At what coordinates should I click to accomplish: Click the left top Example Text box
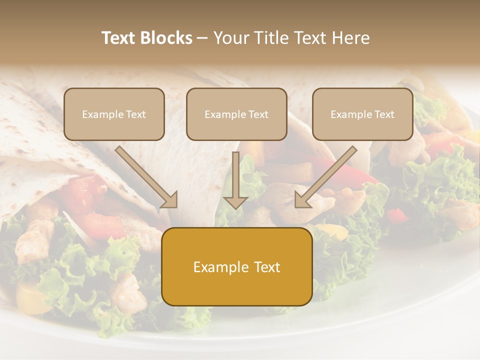[114, 114]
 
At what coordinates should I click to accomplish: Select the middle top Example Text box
[236, 114]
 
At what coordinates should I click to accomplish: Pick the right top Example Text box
[362, 114]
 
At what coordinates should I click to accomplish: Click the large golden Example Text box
[237, 266]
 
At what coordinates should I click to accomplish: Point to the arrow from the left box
[145, 175]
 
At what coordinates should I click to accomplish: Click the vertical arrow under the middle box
[236, 177]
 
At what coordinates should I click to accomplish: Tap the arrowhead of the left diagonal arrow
[170, 200]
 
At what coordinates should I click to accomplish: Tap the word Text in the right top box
[384, 114]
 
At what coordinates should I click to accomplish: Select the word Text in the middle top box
[258, 114]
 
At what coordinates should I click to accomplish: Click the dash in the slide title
[202, 38]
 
